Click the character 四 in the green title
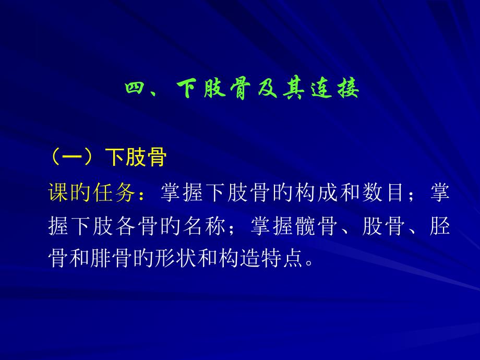click(135, 89)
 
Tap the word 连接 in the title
click(335, 89)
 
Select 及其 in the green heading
click(280, 89)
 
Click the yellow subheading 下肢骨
click(136, 158)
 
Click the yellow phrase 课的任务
click(91, 193)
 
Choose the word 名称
click(204, 226)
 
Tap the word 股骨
click(384, 226)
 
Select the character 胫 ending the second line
click(440, 226)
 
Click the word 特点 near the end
click(282, 259)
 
